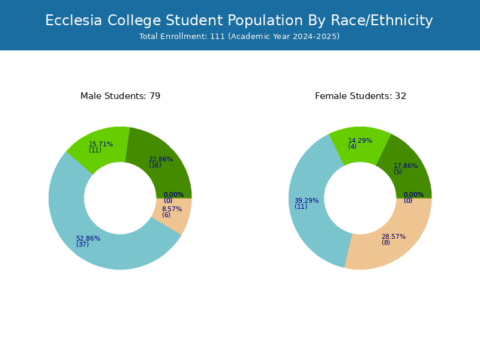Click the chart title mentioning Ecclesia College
[239, 20]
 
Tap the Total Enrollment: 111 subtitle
[239, 36]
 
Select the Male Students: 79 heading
[121, 96]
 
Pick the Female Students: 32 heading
[361, 96]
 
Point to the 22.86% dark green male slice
[166, 166]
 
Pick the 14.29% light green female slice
[360, 144]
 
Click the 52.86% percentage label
[88, 238]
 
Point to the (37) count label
[83, 244]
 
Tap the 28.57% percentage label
[394, 236]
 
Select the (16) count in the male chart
[155, 166]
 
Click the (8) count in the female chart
[386, 242]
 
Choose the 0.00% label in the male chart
[174, 194]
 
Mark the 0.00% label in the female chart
[414, 194]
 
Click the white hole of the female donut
[360, 199]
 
